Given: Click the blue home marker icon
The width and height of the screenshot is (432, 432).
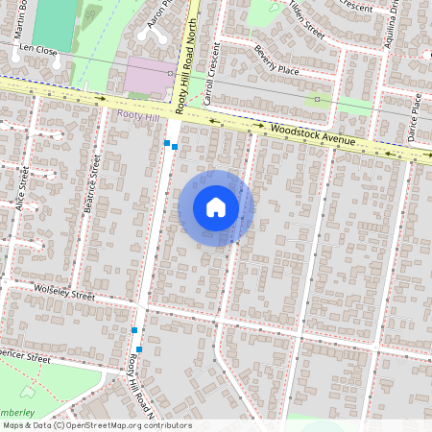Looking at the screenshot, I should [x=216, y=207].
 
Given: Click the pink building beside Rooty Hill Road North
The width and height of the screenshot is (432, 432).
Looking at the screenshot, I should [x=150, y=74].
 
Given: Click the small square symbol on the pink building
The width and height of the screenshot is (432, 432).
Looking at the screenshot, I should [x=170, y=73].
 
